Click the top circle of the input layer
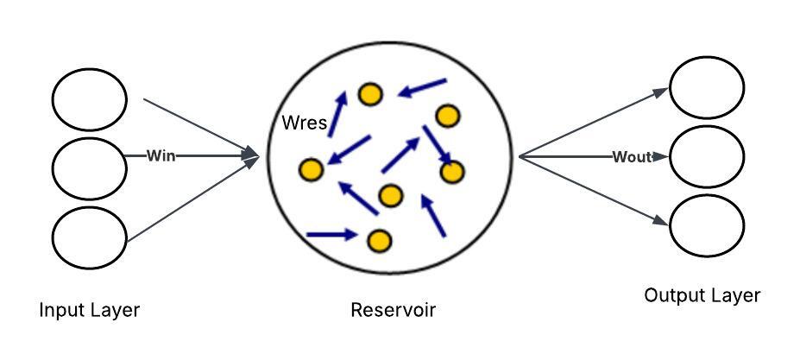point(89,100)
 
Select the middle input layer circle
point(89,167)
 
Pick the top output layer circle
point(707,86)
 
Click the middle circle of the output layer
point(707,157)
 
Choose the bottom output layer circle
point(707,224)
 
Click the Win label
point(161,156)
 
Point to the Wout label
point(631,157)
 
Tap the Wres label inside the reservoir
point(304,123)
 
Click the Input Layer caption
point(89,310)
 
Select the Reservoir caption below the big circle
point(393,310)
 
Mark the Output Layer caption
point(702,296)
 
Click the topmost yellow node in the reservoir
point(371,94)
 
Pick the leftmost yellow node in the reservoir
point(311,170)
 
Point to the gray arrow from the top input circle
point(200,129)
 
